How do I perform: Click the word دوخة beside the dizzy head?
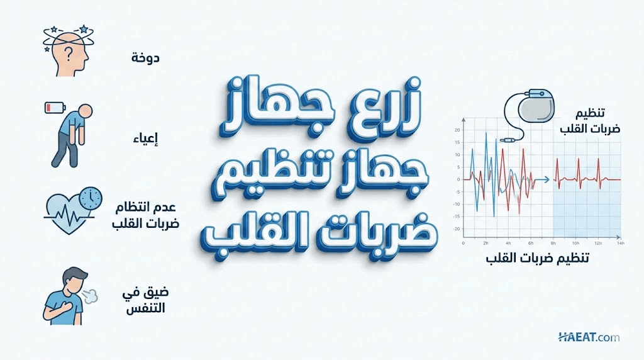pos(145,58)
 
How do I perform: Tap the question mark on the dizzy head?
pos(69,52)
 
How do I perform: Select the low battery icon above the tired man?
pos(55,108)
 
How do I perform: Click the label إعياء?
pos(146,139)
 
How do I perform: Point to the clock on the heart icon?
pos(91,199)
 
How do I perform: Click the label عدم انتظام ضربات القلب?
pos(146,215)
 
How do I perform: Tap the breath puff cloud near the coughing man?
pos(91,296)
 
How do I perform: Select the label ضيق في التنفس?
pos(145,301)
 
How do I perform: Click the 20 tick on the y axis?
pos(457,130)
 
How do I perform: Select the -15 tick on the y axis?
pos(456,217)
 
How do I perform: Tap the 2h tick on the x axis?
pos(486,244)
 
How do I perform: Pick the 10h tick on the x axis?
pos(575,244)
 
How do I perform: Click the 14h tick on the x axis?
pos(620,244)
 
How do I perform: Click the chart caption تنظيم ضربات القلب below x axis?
pos(537,259)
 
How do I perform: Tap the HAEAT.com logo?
pos(589,337)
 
